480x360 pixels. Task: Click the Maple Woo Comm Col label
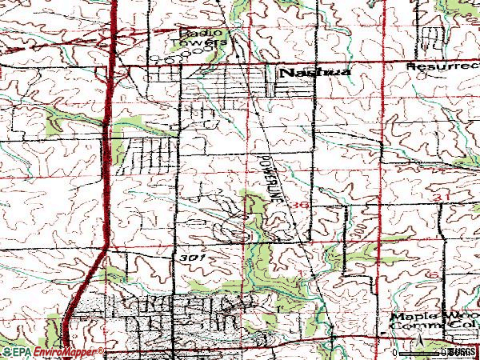(433, 322)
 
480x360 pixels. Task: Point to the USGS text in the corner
(462, 352)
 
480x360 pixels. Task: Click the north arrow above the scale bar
(418, 341)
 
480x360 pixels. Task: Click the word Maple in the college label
(407, 317)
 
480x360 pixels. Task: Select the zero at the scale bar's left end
(396, 352)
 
